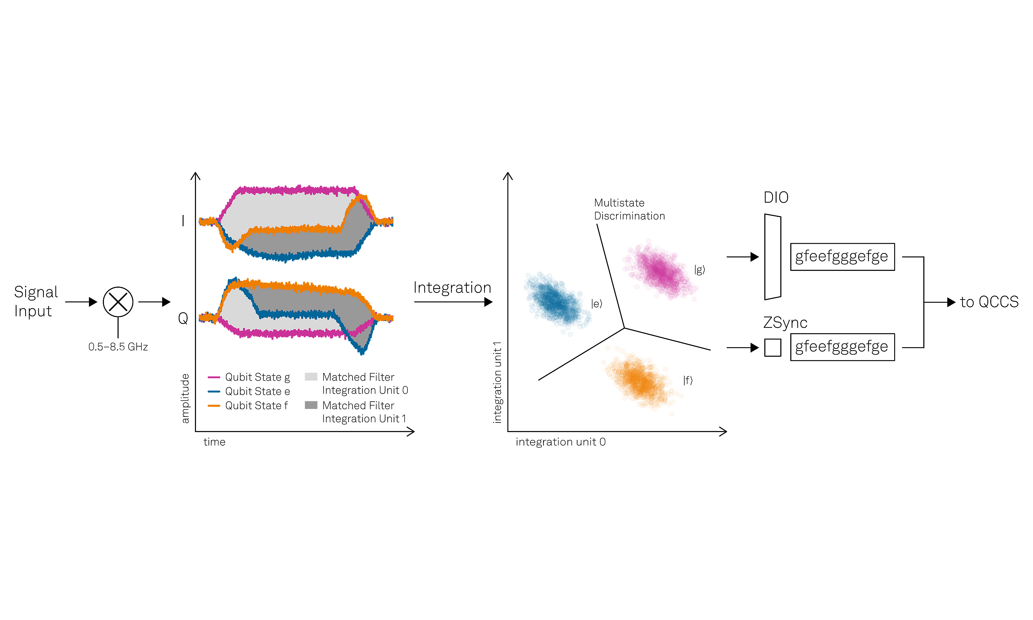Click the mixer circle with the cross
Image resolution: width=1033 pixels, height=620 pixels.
118,302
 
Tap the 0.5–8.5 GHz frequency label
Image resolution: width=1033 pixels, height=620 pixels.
118,347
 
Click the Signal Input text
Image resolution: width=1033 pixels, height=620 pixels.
35,301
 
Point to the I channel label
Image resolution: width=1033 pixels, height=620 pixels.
183,220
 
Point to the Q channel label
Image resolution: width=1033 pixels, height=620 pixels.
183,318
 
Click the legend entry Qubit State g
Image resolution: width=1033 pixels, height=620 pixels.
257,377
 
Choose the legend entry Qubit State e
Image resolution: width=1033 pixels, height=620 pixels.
257,391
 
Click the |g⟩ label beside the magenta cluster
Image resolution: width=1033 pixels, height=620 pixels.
700,270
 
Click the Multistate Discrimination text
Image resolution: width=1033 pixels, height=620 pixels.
629,209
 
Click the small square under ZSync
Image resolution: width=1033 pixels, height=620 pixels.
772,348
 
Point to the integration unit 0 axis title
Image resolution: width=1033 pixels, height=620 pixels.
560,442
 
